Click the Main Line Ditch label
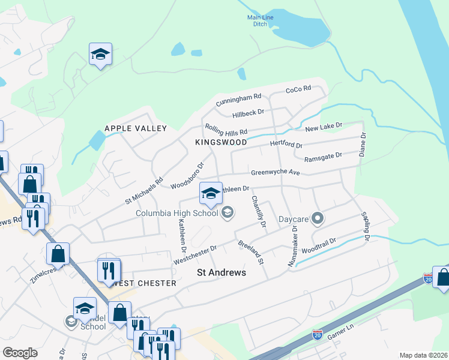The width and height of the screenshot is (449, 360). (260, 21)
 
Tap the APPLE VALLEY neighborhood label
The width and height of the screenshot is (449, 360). (135, 128)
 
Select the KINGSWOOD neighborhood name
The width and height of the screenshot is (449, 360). (221, 142)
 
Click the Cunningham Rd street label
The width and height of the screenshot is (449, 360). (239, 98)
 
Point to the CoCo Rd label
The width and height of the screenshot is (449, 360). (298, 89)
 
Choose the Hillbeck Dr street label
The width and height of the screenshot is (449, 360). (248, 113)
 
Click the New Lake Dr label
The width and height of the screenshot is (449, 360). (323, 127)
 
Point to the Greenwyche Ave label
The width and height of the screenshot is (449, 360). (275, 172)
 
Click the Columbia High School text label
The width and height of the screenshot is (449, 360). (176, 212)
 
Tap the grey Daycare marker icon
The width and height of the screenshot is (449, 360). (318, 218)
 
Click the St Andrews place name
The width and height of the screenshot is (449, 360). (221, 272)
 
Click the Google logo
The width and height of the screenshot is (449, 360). (20, 353)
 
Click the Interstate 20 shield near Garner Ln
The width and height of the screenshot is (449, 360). (318, 334)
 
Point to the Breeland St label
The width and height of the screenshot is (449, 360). (251, 252)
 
